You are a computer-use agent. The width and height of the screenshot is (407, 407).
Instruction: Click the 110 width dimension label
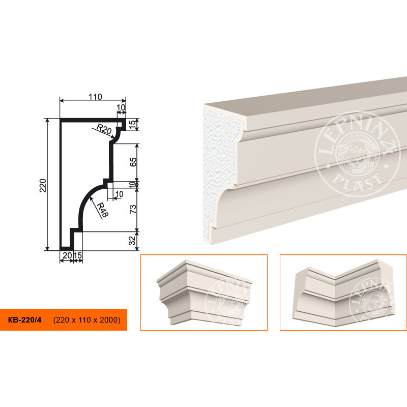95,97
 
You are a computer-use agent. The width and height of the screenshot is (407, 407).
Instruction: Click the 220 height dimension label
43,185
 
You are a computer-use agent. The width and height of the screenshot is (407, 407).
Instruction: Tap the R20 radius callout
104,129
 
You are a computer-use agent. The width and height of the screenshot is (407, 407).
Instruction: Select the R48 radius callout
103,210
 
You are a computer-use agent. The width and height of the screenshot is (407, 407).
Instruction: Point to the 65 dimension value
133,162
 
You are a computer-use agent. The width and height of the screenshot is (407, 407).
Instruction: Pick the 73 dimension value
133,209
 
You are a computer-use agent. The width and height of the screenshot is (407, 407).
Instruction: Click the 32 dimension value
132,240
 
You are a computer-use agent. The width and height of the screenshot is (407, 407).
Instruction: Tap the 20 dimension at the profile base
67,256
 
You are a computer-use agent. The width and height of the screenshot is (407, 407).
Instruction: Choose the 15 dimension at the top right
132,125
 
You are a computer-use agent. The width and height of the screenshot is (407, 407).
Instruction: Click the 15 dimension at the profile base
78,256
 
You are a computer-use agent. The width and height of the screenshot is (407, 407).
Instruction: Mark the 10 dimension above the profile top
121,107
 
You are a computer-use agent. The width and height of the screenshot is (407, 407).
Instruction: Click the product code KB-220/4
24,319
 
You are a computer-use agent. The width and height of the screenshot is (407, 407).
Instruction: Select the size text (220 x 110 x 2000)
86,320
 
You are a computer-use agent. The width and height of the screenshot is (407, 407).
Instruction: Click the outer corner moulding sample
205,292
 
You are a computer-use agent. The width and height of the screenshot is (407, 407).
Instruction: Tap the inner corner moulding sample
343,293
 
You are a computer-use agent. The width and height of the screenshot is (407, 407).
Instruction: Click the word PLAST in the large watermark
358,182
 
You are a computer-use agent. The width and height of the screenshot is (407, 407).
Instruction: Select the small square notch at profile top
119,124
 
